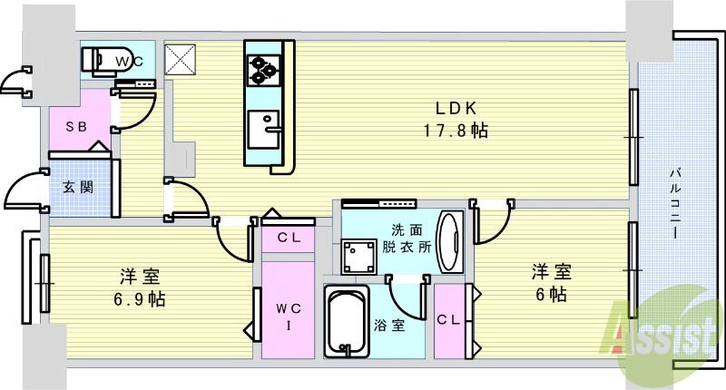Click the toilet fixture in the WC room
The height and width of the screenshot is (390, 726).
99,60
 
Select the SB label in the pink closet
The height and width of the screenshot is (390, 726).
74,128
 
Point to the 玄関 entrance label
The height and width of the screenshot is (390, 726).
76,188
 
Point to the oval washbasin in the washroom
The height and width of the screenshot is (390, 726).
448,241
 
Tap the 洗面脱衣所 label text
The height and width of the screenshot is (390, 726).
405,239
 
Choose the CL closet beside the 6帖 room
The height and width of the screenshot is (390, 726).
447,320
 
